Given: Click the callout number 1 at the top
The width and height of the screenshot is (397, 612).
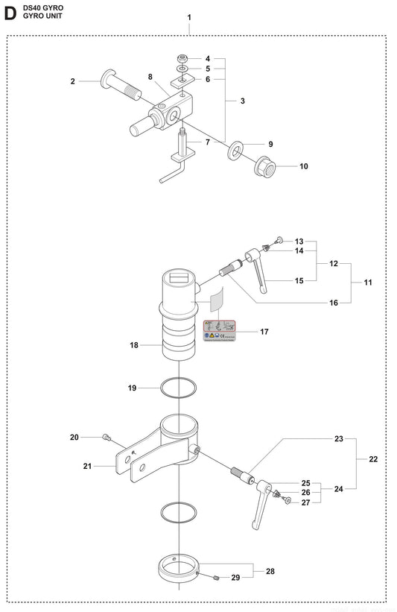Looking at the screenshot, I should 189,17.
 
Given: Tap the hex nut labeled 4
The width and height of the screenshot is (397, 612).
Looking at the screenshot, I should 183,58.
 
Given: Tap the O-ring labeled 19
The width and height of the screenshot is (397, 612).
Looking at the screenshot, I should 179,388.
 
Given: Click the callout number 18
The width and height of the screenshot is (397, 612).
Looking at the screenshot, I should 134,346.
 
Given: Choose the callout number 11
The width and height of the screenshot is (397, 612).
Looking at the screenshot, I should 369,283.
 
